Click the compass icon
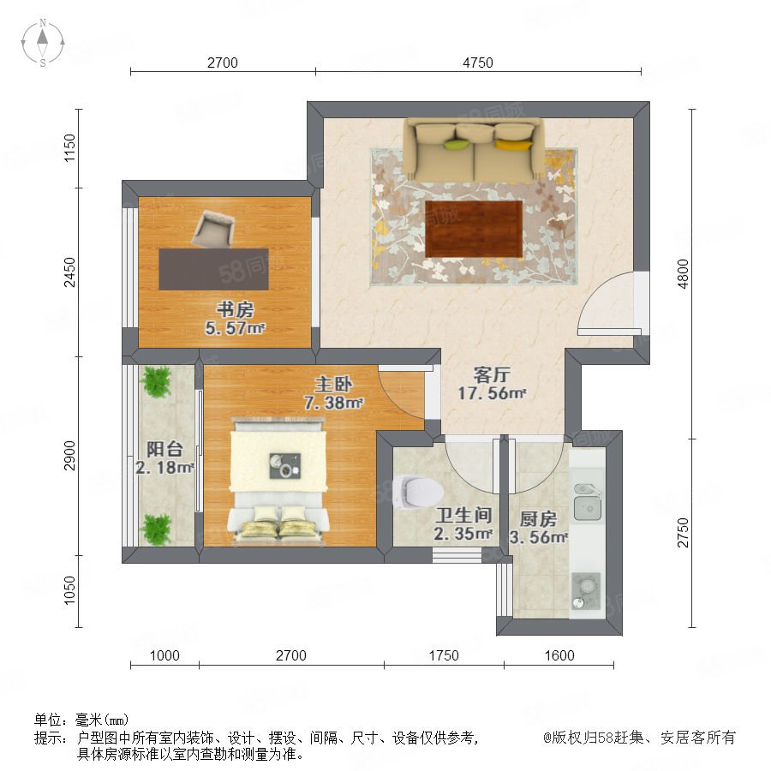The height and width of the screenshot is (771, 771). (x=43, y=43)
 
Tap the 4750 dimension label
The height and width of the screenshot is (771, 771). (x=477, y=63)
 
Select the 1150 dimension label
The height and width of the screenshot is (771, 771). (x=70, y=147)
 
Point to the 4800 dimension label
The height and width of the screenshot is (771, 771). (x=683, y=274)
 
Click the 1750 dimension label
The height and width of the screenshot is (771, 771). (x=444, y=655)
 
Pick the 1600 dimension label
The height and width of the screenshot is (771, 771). (x=559, y=655)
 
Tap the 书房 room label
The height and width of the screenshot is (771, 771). (x=235, y=310)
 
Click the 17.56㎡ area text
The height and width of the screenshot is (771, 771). (x=492, y=393)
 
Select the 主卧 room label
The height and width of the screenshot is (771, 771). (x=333, y=384)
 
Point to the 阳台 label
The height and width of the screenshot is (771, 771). (x=164, y=449)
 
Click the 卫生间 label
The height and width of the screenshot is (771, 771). (x=463, y=516)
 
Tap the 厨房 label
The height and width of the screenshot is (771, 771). (x=539, y=519)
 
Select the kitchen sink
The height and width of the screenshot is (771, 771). (x=587, y=503)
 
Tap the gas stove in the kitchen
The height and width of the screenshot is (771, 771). (x=586, y=591)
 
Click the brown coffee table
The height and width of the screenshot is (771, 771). (x=474, y=229)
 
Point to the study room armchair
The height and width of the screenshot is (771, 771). (x=213, y=228)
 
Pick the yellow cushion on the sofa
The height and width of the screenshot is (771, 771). (x=514, y=145)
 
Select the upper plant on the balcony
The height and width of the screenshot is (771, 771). (x=157, y=381)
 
